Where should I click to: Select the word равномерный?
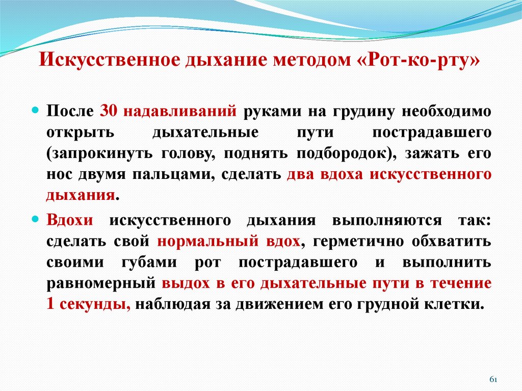(x=100, y=283)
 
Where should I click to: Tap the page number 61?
(x=493, y=380)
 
